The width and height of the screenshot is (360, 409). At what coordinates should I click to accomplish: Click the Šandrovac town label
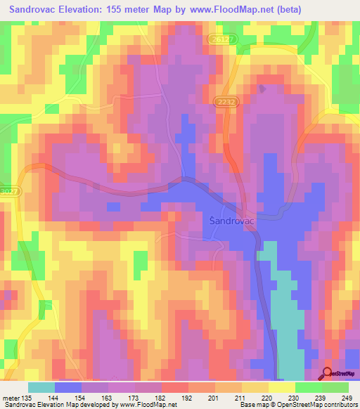point(234,221)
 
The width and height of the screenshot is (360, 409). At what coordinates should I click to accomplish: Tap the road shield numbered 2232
point(224,102)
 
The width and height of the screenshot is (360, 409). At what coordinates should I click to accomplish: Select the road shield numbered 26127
point(221,41)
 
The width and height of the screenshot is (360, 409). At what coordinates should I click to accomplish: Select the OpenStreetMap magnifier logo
point(327,373)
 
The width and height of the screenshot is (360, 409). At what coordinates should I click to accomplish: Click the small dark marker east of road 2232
point(262,89)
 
